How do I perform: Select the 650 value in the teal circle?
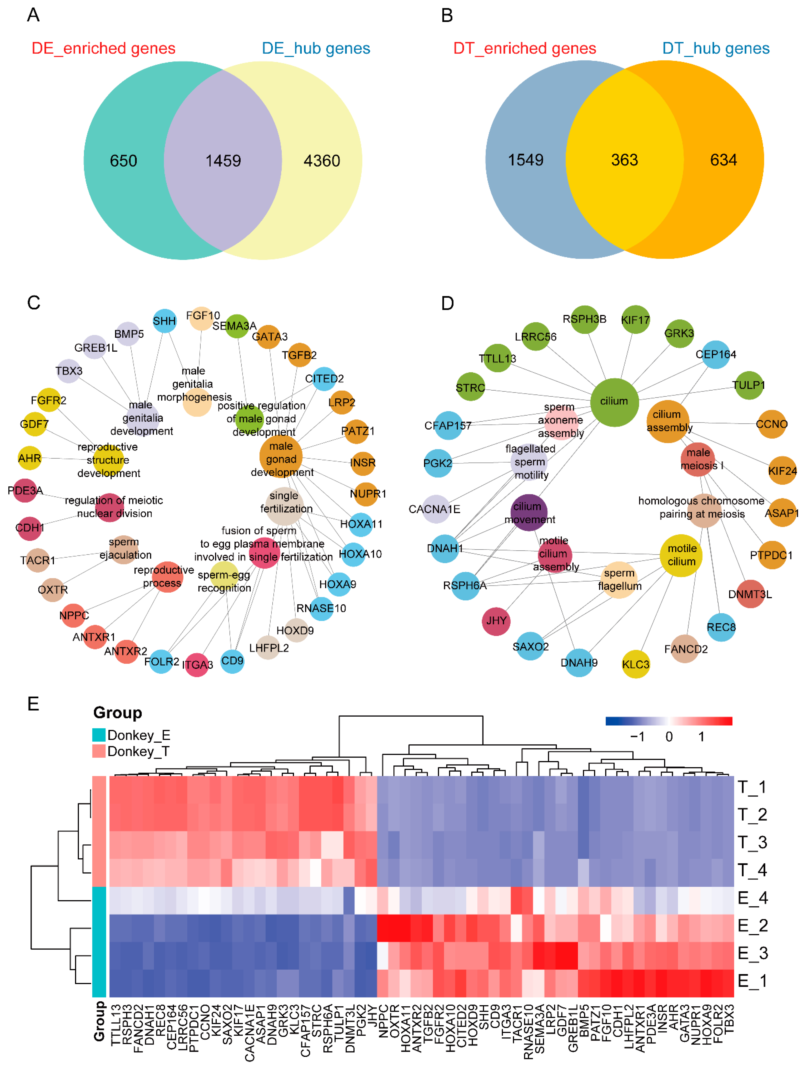[123, 161]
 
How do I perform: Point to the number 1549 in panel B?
[525, 160]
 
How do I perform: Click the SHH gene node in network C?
[164, 321]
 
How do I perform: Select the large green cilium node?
[614, 402]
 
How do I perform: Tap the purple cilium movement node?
[529, 512]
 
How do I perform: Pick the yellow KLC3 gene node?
[635, 664]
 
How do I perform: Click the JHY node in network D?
[496, 621]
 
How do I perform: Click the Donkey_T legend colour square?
[99, 751]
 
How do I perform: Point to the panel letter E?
[33, 704]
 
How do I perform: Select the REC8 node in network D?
[721, 627]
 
